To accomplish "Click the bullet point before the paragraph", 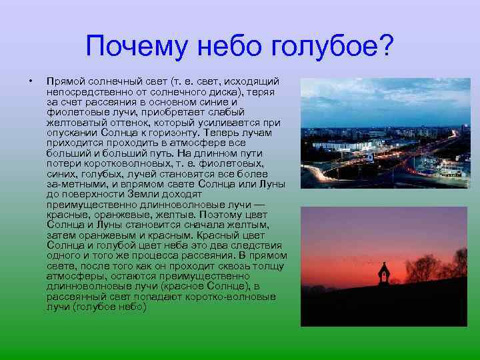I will [x=30, y=81].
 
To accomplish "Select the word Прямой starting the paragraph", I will [x=65, y=80].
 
